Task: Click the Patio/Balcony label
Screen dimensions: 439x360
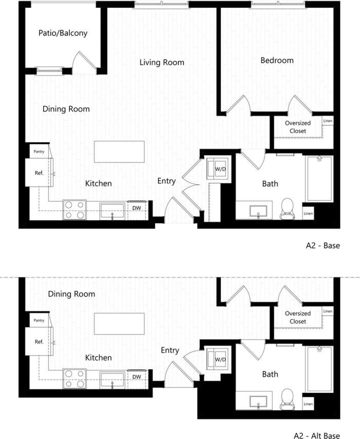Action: click(63, 33)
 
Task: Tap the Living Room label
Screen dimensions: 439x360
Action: click(162, 63)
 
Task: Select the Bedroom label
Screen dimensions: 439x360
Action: click(277, 60)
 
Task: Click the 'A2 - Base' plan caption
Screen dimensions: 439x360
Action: click(323, 245)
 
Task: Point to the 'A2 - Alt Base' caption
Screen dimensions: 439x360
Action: click(316, 435)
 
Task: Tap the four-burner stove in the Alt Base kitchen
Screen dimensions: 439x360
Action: click(74, 379)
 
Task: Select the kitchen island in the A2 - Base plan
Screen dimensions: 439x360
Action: click(119, 152)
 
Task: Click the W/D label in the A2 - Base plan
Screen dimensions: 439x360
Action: click(220, 168)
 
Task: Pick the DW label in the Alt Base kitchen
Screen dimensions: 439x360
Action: click(137, 377)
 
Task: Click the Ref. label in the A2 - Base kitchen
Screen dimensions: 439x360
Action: click(39, 173)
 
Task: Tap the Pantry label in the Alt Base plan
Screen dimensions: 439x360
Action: click(39, 320)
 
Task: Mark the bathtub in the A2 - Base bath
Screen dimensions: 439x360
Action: click(319, 179)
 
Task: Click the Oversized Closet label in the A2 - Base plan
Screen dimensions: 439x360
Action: click(298, 127)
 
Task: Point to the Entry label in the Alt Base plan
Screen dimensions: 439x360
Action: click(170, 350)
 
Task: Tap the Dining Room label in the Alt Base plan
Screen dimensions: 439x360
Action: click(71, 294)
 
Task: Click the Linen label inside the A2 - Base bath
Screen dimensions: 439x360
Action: click(308, 213)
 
